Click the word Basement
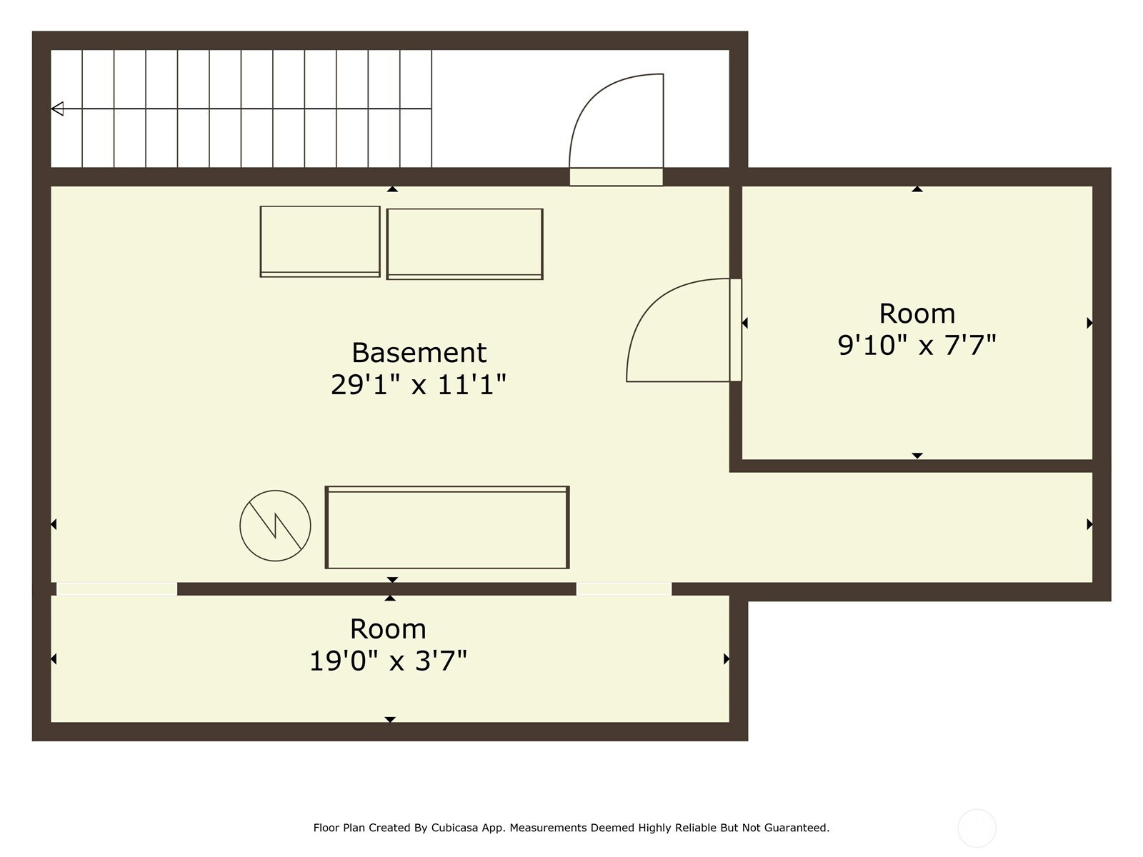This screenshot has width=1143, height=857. (x=419, y=353)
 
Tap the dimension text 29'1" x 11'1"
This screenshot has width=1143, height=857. (x=419, y=384)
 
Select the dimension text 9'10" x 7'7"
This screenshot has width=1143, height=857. (x=917, y=344)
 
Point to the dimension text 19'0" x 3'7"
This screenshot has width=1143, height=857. (x=388, y=661)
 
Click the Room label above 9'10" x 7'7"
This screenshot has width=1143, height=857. (x=917, y=314)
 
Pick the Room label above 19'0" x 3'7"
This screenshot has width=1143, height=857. (x=388, y=629)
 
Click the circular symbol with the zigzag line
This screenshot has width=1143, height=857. (x=276, y=526)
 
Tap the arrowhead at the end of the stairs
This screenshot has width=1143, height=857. (x=57, y=109)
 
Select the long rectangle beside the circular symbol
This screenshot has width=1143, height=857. (x=447, y=527)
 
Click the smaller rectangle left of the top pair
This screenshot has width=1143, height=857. (x=320, y=241)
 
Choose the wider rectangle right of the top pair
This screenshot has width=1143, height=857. (x=465, y=244)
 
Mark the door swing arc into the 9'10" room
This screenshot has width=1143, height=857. (x=649, y=307)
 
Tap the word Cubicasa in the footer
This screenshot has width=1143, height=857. (x=454, y=827)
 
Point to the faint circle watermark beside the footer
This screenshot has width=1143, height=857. (x=977, y=828)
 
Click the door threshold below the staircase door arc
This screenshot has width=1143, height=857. (x=616, y=177)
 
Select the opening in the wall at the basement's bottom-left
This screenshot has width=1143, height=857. (x=116, y=589)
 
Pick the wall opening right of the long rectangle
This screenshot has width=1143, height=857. (x=624, y=589)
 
